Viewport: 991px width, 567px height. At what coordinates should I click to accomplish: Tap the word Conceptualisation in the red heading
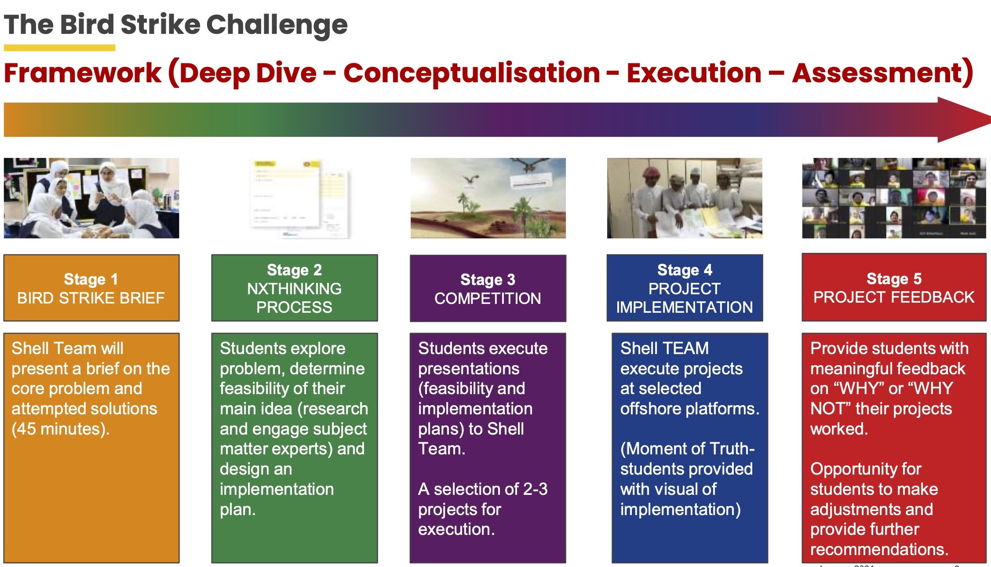point(471,73)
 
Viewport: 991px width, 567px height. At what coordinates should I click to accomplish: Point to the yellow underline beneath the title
point(59,48)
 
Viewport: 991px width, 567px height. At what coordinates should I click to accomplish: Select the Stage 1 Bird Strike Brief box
point(91,288)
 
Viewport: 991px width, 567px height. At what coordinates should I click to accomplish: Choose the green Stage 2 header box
point(295,288)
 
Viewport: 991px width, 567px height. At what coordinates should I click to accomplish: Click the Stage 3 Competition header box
point(488,289)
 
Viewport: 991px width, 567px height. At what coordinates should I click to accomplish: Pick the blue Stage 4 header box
point(685,288)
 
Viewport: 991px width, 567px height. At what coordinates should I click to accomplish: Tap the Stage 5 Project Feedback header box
point(894,287)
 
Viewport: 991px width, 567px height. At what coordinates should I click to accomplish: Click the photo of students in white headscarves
point(91,198)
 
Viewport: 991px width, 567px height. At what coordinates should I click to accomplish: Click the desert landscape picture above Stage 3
point(488,198)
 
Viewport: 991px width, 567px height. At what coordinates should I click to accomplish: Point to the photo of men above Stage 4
point(685,198)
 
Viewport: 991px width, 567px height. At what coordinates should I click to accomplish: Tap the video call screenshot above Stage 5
point(894,198)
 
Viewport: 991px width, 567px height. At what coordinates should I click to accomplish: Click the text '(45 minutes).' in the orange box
point(61,429)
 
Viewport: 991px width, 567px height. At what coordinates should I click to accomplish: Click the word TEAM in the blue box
point(687,348)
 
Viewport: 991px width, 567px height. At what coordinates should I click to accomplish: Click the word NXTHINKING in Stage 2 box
point(294,289)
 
